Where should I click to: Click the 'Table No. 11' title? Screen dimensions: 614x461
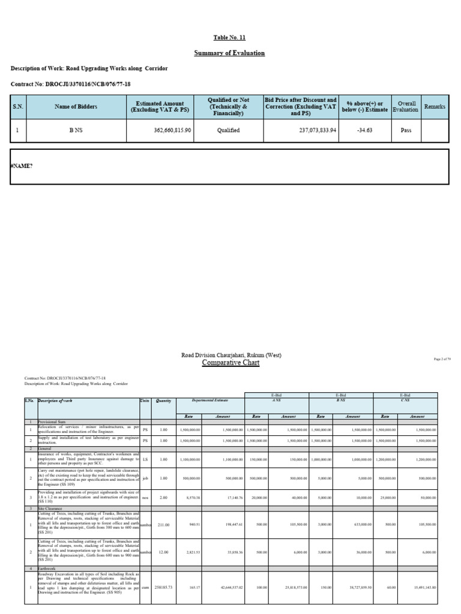click(230, 37)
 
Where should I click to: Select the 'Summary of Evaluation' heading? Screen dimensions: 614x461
click(230, 53)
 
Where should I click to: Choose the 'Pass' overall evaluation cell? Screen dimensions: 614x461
click(405, 130)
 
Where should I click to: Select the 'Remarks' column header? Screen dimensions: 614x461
click(435, 106)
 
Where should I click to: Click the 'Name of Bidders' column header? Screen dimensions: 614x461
click(76, 106)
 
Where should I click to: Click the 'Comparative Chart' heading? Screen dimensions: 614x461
click(231, 363)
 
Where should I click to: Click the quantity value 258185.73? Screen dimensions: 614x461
click(163, 587)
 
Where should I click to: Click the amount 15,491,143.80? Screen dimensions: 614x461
click(425, 587)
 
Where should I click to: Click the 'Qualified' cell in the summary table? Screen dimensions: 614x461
click(229, 130)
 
